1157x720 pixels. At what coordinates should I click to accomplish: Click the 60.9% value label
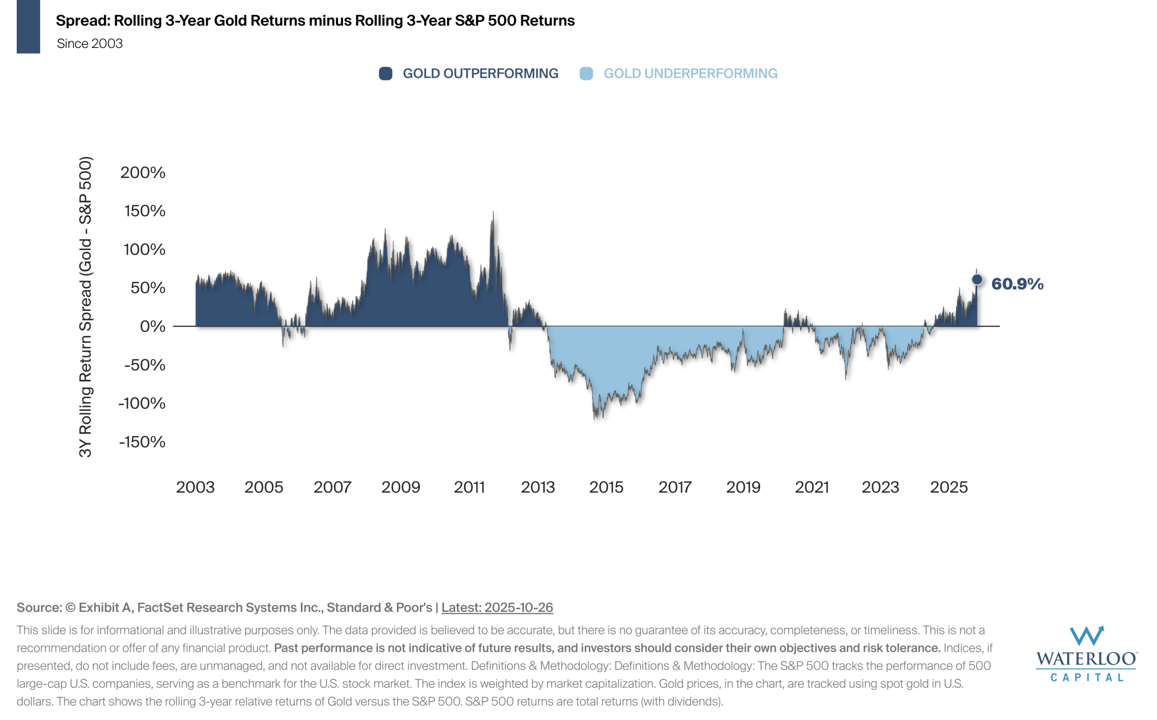[x=1017, y=284]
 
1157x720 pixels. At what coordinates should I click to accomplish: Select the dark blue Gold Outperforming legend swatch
[x=386, y=74]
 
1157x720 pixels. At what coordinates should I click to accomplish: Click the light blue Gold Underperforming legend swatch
[x=586, y=74]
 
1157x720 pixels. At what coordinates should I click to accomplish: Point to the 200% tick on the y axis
[x=142, y=172]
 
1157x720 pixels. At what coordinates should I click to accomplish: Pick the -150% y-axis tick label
[x=142, y=442]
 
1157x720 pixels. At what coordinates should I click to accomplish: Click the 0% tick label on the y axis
[x=152, y=327]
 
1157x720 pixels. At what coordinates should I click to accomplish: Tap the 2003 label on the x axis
[x=195, y=487]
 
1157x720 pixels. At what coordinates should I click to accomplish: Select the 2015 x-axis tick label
[x=606, y=487]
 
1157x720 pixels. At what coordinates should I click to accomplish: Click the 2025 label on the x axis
[x=949, y=487]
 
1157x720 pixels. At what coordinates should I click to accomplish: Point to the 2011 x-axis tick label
[x=469, y=487]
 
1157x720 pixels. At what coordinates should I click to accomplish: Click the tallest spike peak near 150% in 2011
[x=493, y=212]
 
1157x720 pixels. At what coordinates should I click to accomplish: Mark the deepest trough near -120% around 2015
[x=596, y=418]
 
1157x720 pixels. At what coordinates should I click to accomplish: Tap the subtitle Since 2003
[x=89, y=44]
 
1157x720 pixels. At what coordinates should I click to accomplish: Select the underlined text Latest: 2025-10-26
[x=497, y=607]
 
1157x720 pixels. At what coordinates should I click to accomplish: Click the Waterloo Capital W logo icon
[x=1086, y=636]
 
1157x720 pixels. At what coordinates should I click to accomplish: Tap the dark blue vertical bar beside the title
[x=28, y=27]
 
